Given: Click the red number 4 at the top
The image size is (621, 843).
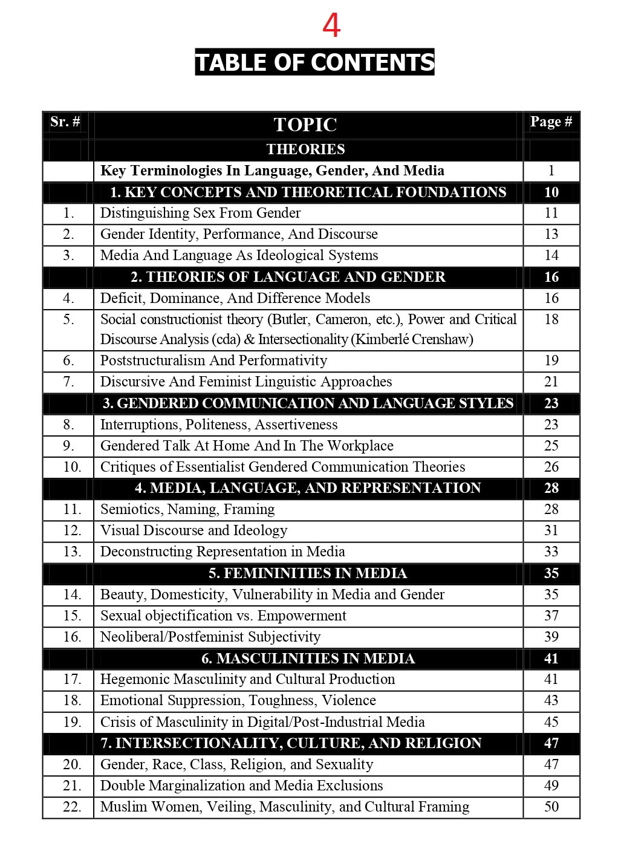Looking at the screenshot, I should coord(331,26).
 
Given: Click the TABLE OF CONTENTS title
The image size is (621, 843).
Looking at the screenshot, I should coord(314,62).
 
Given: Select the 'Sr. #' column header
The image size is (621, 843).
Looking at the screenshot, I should coord(65,122).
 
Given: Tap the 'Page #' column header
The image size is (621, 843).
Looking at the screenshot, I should coord(551,122).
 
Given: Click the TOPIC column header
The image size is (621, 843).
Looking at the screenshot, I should coord(305,125).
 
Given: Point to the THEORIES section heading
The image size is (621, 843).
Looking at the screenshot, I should coord(305,149).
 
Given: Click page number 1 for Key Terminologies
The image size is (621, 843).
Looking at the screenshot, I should coord(551,171).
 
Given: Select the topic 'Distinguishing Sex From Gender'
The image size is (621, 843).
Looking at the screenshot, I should coord(200,213).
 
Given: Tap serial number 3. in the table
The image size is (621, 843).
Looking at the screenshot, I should coord(68,255).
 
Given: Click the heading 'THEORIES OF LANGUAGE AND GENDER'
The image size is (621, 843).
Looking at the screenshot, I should coord(288,277).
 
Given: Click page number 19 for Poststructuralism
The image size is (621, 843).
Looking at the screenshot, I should coord(551,360).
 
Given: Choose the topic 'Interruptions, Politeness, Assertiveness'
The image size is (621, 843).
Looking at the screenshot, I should coord(219,425).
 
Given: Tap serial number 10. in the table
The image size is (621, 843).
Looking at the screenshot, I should coord(72,467).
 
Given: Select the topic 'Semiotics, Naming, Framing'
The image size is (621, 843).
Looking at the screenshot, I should coord(187,509).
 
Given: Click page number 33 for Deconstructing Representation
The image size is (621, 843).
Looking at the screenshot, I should coord(551,552).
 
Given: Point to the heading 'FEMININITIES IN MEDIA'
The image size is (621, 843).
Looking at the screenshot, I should coord(308,573).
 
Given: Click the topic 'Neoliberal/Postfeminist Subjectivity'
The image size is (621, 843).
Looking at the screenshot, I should coord(210,637).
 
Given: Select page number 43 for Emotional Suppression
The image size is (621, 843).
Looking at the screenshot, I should coord(551,700).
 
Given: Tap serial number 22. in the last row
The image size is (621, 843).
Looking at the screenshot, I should coord(72,807).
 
